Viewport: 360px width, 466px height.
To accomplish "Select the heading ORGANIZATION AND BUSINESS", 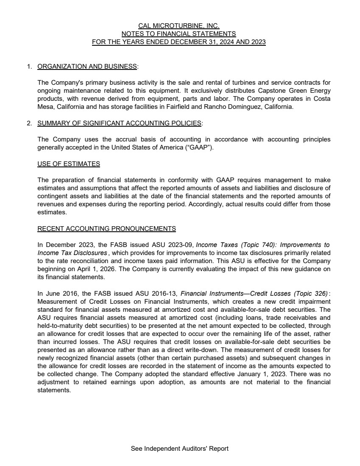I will (87, 67).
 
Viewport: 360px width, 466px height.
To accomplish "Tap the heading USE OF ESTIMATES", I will (69, 164).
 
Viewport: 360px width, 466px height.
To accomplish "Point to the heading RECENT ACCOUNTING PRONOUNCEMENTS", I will (106, 229).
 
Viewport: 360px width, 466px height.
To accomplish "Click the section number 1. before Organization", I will (29, 67).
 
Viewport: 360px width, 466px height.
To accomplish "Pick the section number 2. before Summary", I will (29, 123).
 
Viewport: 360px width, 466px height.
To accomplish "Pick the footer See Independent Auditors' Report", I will (180, 449).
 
